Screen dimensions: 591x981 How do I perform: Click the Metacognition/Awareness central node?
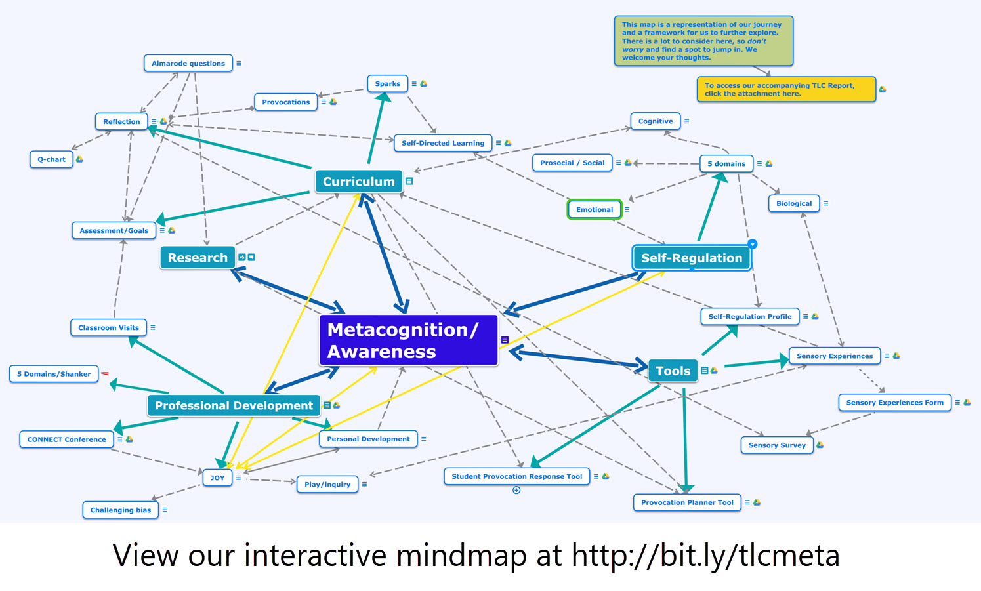pos(408,340)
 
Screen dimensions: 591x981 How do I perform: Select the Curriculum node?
pos(358,182)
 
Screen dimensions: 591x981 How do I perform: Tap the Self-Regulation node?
pos(691,258)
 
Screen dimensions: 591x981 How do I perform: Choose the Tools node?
pos(673,371)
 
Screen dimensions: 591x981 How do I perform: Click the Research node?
pos(198,258)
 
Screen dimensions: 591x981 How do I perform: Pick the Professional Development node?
pos(234,405)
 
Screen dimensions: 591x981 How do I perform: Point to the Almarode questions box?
pos(188,64)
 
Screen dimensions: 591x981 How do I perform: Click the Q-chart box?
pos(51,159)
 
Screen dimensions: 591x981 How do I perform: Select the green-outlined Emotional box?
pos(595,210)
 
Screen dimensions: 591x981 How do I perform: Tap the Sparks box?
pos(387,84)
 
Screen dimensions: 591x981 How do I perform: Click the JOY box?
pos(217,478)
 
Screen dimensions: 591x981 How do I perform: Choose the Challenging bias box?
pos(121,510)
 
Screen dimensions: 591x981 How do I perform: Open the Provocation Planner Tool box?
pos(687,502)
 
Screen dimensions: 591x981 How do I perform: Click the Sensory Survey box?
pos(777,445)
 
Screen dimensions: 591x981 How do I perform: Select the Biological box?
pos(794,203)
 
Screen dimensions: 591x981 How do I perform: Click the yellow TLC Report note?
pos(785,89)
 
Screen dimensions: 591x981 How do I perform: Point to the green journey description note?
pos(703,41)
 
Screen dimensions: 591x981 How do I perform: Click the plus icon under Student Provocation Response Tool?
pos(516,490)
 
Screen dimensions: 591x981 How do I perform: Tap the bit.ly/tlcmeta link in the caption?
pos(705,556)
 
